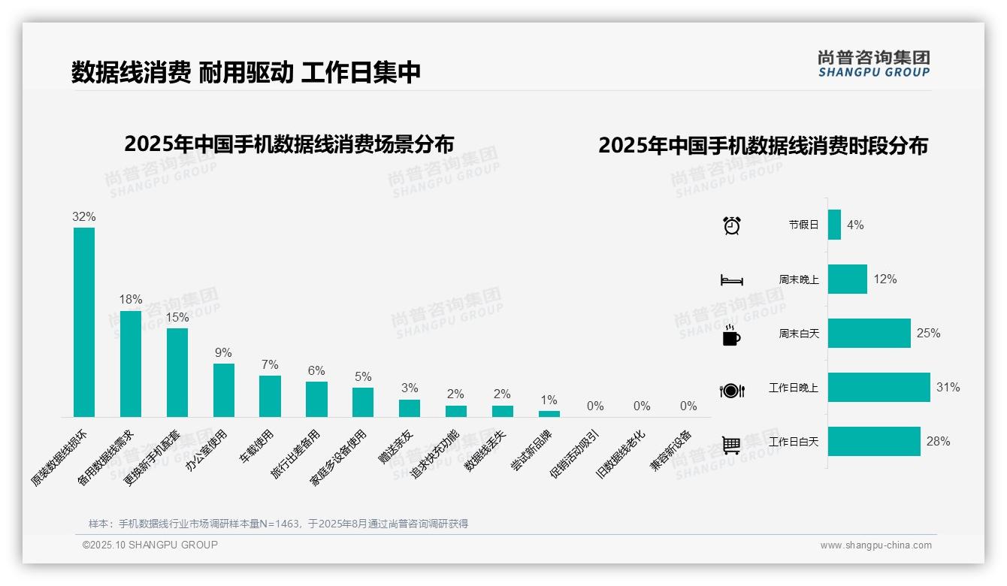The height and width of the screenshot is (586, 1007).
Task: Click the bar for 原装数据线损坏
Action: click(84, 322)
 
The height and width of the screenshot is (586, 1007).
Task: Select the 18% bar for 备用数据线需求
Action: click(131, 364)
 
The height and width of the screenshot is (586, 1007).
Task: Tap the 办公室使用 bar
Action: click(224, 390)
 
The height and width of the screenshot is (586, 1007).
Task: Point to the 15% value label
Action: click(177, 317)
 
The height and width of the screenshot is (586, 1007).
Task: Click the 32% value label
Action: click(84, 216)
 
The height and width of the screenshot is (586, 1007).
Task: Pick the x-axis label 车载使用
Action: click(258, 446)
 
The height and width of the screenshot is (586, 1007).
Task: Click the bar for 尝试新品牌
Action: click(549, 414)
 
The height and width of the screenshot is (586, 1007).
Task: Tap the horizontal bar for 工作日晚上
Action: click(878, 388)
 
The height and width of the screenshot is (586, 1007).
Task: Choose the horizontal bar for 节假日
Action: click(834, 225)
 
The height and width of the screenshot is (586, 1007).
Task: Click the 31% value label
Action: click(948, 388)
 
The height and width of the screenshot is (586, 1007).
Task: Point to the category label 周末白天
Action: click(799, 334)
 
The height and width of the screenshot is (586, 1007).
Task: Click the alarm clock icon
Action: click(731, 225)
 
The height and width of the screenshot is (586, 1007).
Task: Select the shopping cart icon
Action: click(731, 445)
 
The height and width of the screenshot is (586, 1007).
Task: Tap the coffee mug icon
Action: click(731, 335)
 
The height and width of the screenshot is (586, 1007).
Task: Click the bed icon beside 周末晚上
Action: click(731, 280)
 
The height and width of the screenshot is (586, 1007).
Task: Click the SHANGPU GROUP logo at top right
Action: click(873, 64)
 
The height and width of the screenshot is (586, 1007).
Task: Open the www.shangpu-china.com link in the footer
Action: click(875, 545)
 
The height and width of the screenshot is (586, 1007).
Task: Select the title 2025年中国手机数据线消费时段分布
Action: click(763, 145)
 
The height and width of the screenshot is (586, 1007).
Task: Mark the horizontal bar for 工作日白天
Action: click(874, 442)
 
